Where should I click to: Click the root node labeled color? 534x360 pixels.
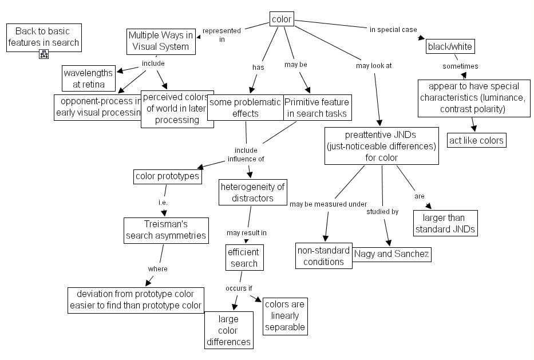pos(282,19)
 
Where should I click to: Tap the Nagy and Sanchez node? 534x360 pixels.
pos(391,254)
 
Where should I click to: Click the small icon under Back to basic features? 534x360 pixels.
pos(43,55)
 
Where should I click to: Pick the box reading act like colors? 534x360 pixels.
pos(476,140)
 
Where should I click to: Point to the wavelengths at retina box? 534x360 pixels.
pos(89,79)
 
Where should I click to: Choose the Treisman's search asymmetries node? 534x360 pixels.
pos(165,230)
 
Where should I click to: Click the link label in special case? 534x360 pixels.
pos(393,29)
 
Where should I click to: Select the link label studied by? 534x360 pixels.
pos(382,212)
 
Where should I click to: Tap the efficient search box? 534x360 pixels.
pos(243,258)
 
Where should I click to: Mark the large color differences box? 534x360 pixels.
pos(229,330)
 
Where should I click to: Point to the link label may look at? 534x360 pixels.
pos(373,65)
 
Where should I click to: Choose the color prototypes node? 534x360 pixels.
pos(168,176)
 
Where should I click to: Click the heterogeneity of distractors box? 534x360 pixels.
pos(253,192)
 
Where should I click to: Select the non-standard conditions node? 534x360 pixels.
pos(323,256)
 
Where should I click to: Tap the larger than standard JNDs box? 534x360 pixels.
pos(445,223)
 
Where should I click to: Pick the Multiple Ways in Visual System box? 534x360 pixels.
pos(161,41)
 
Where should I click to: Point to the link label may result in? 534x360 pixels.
pos(246,233)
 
